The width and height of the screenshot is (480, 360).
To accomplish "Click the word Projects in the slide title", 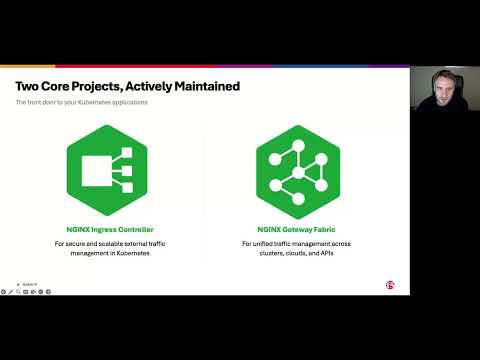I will tap(85, 86).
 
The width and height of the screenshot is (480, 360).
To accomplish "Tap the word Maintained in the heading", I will tap(199, 86).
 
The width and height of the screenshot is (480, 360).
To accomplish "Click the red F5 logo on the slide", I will tap(389, 285).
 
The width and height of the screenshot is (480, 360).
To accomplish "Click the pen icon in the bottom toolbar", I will tap(11, 292).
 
